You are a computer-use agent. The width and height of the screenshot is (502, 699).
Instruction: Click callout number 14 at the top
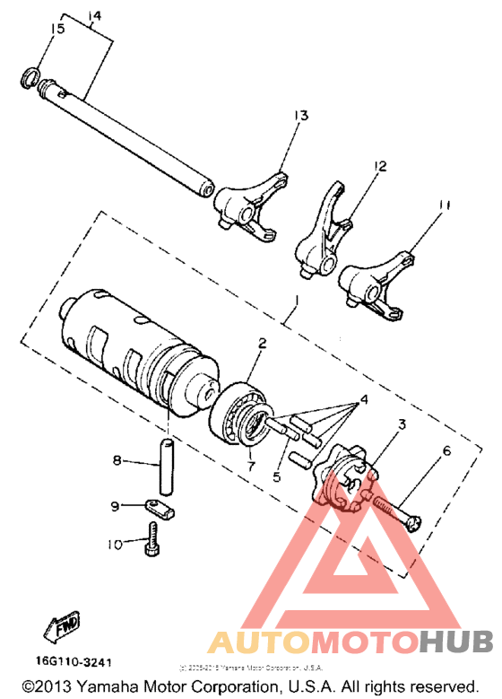pyautogui.click(x=95, y=16)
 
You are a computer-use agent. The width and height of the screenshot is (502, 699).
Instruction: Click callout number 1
pyautogui.click(x=287, y=314)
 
